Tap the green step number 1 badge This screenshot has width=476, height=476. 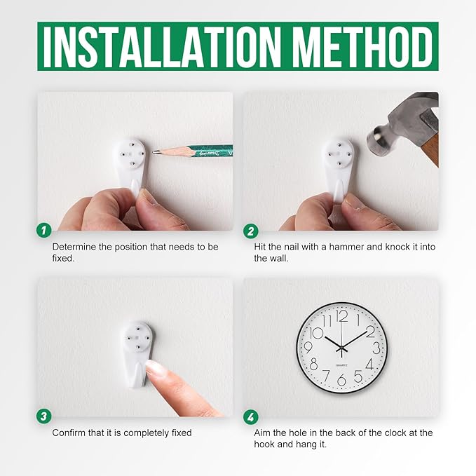(44, 231)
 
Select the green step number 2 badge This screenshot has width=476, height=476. (251, 231)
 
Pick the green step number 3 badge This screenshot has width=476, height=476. (44, 416)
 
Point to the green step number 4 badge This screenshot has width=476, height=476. (251, 417)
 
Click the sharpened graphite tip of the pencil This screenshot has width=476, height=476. (154, 152)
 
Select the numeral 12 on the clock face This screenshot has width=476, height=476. (342, 316)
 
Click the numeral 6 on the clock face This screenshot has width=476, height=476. (341, 380)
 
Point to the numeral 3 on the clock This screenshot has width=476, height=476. (376, 348)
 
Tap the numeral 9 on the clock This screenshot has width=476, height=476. (308, 347)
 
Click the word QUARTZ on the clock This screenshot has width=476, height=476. (342, 365)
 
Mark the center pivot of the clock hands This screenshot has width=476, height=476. (342, 347)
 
